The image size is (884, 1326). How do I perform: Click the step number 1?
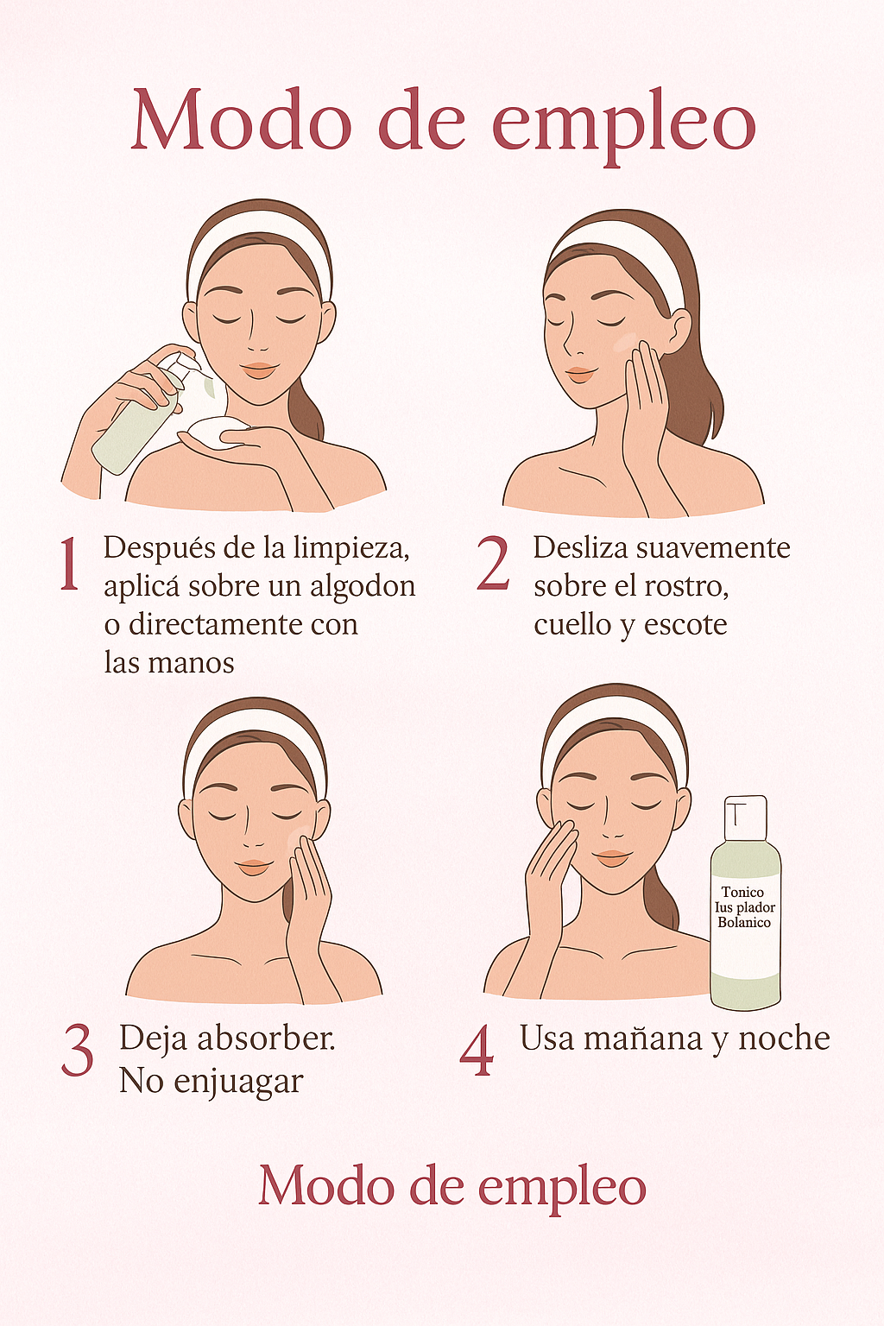tap(69, 565)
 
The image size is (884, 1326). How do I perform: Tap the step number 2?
tap(493, 565)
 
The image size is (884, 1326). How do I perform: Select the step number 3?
tap(78, 1051)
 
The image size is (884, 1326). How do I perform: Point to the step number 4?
tap(477, 1051)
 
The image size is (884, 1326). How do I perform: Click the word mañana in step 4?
tap(643, 1039)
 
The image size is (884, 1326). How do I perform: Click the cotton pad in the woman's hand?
tap(216, 433)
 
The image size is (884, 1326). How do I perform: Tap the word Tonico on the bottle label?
tap(742, 892)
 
